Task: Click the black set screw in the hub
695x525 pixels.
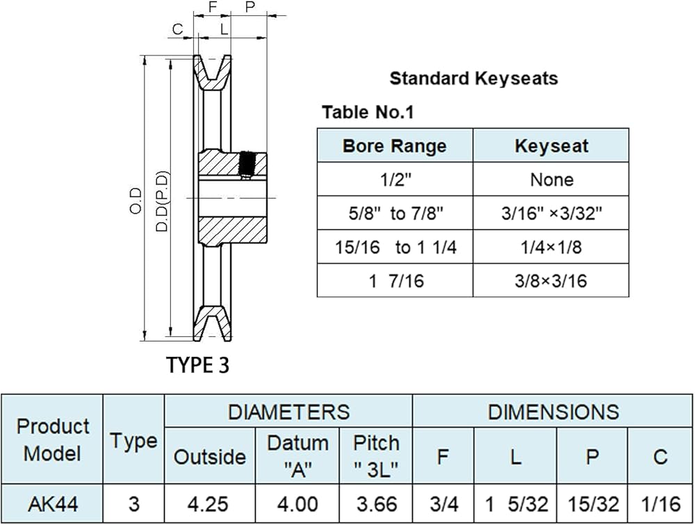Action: tap(245, 164)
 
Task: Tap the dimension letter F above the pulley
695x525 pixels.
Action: tap(213, 7)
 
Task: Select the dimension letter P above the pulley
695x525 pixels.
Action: tap(250, 7)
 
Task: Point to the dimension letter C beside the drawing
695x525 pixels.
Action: tap(177, 29)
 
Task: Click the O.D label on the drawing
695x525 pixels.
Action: tap(136, 201)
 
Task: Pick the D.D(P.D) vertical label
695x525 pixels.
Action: tap(163, 201)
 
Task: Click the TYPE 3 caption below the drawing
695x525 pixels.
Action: tap(197, 365)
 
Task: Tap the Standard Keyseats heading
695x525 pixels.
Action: tap(473, 78)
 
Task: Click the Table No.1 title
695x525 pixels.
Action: tap(368, 112)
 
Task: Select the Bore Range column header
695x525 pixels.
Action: tap(395, 146)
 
